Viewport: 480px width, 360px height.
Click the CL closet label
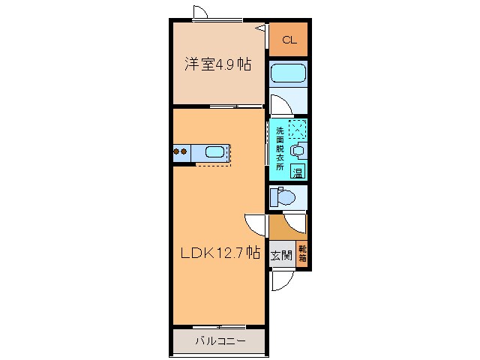tap(289, 40)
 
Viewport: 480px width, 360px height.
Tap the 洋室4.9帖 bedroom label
tap(218, 64)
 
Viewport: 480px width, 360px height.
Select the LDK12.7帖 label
tap(219, 253)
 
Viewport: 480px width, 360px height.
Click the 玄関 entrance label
tap(281, 253)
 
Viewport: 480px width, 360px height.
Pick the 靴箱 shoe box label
tap(302, 253)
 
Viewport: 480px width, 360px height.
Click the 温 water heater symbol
tap(298, 172)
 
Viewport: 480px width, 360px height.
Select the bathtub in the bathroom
tap(289, 73)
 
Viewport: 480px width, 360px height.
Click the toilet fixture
tap(284, 197)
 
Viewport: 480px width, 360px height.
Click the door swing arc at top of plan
tap(199, 13)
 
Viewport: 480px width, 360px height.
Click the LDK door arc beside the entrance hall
tap(254, 223)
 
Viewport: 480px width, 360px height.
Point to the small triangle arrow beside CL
tap(262, 28)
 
